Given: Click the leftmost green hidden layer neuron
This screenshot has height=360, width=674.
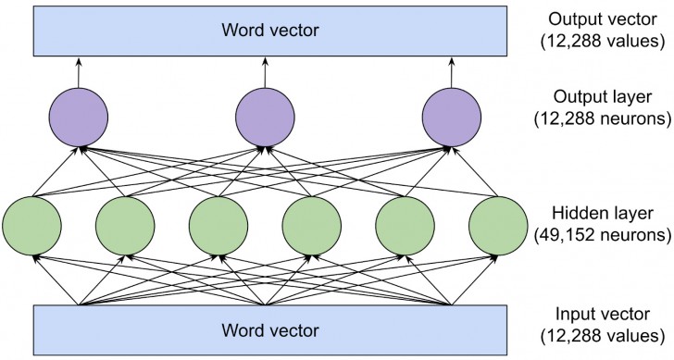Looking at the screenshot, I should pos(32,225).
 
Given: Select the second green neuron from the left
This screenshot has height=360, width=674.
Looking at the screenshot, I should pos(125,225).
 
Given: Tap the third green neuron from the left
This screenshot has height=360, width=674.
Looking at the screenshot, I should pos(218,225).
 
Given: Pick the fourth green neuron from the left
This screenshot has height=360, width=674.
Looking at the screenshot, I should pos(312,225).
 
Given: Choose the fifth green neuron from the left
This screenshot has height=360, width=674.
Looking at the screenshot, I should pos(405,225).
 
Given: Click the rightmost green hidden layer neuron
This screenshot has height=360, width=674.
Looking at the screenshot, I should pos(498,225).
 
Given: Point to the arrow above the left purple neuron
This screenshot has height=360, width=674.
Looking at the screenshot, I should pos(79,74).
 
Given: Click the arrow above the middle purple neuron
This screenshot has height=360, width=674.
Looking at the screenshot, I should pos(265,74).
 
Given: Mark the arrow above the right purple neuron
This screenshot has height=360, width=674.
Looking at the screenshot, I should pos(452,74).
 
